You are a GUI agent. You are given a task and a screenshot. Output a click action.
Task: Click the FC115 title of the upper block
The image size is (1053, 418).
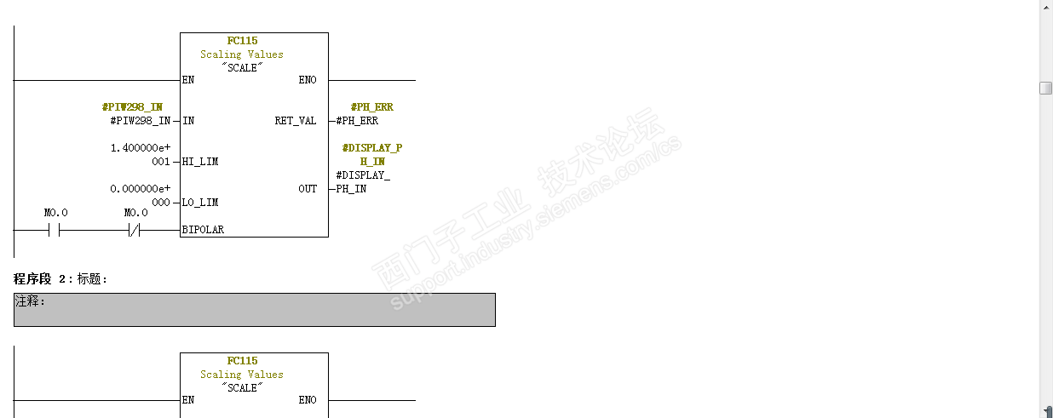point(242,41)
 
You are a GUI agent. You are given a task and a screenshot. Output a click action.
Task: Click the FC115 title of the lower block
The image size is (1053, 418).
point(242,361)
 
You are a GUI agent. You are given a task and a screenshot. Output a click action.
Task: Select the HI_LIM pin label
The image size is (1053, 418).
point(200,162)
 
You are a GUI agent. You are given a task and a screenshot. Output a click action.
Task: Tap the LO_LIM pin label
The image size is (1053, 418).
point(200,203)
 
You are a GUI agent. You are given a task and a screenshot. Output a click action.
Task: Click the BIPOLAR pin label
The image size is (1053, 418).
point(203,230)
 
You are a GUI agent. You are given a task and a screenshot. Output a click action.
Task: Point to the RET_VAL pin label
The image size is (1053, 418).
point(296,121)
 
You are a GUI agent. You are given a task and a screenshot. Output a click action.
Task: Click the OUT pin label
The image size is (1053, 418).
point(308,189)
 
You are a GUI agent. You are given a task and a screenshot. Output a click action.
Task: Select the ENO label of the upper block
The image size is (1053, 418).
point(308,80)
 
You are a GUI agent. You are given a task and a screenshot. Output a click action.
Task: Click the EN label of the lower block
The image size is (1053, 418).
point(188,400)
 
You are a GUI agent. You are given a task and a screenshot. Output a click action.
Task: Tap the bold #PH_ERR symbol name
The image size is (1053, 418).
point(372,107)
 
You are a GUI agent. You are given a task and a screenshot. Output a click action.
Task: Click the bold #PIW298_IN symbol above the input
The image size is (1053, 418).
point(132,107)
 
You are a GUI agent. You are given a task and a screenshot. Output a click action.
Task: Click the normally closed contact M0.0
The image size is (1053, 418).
point(134,230)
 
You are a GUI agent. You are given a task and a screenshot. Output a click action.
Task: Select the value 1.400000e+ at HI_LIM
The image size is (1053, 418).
point(141,148)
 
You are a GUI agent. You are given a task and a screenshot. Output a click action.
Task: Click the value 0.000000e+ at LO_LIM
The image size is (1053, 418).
point(141,189)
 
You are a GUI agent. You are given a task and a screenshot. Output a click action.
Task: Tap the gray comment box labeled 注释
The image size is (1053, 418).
point(254,310)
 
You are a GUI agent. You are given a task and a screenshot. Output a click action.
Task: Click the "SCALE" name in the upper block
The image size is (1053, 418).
point(242,67)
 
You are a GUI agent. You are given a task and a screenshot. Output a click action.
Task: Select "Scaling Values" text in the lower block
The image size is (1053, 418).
point(242,375)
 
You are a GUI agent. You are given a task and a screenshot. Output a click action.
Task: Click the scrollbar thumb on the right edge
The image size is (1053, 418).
point(1046,89)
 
